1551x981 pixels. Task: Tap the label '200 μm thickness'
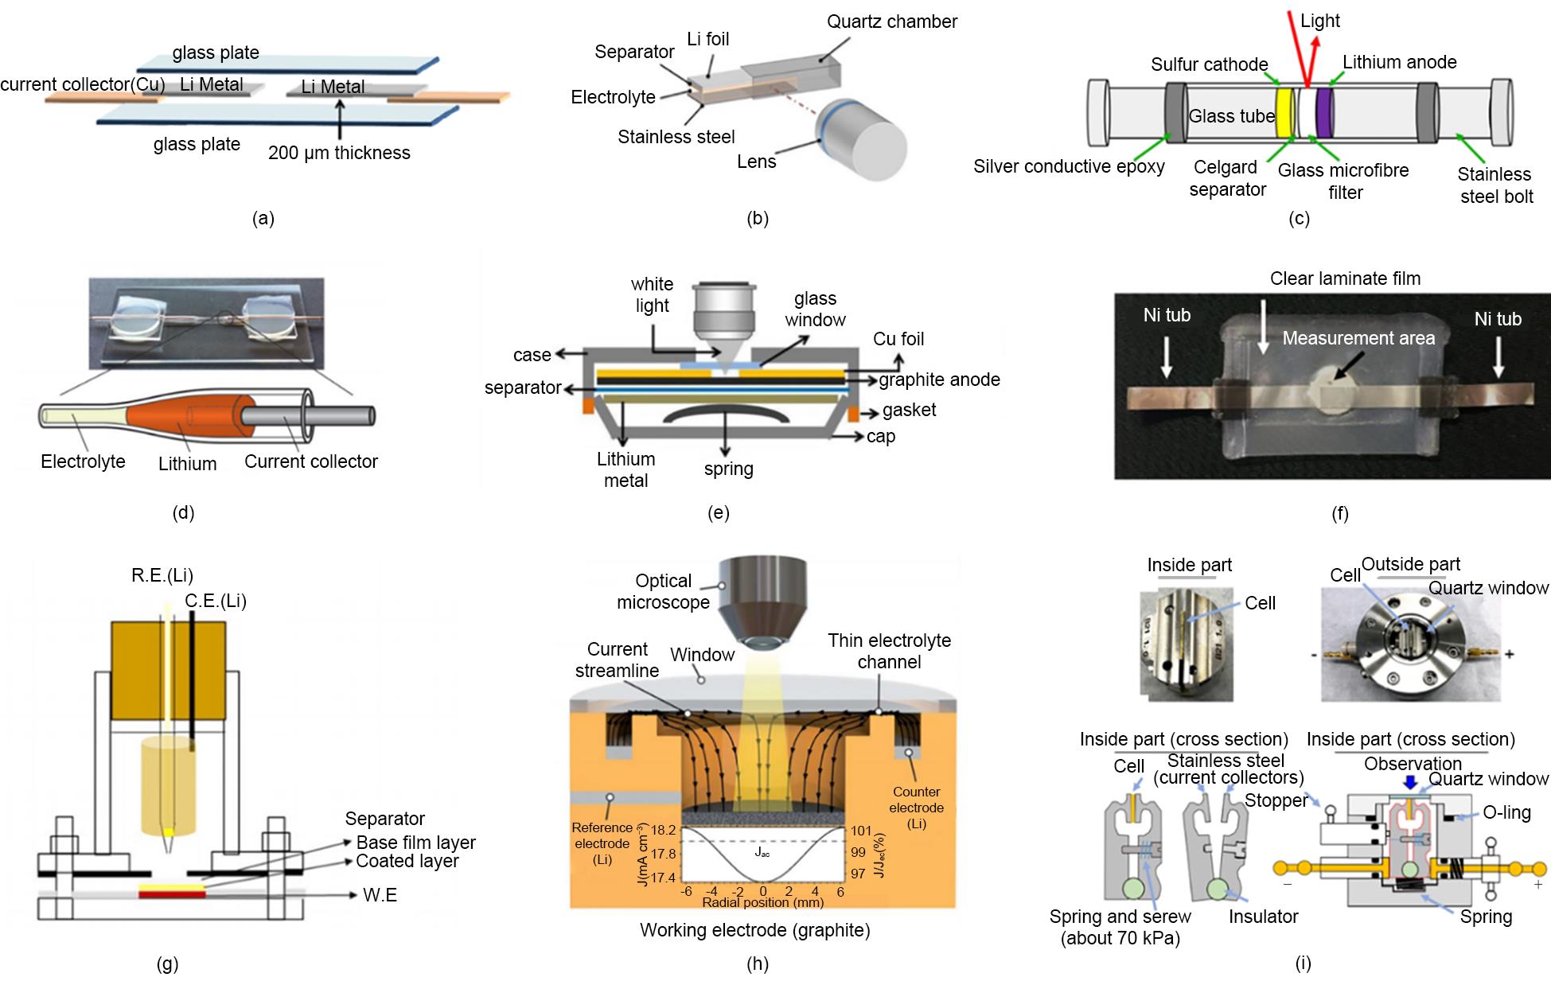[339, 153]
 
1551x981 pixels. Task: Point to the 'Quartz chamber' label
[891, 21]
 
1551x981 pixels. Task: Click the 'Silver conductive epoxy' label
[1068, 166]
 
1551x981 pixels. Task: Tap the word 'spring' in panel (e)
[728, 469]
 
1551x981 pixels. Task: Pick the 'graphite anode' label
[939, 380]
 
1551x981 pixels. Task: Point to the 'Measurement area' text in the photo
[1358, 338]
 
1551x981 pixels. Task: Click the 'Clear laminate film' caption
[1345, 278]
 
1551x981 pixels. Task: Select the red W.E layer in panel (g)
[172, 894]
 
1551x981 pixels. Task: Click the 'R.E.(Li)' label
[162, 575]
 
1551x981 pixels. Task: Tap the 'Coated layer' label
[407, 861]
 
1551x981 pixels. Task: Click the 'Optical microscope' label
[663, 591]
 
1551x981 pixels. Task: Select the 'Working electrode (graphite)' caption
[754, 930]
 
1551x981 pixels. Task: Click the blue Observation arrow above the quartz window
[1410, 782]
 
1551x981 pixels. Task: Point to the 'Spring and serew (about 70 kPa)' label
[1120, 927]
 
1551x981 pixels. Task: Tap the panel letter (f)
[1339, 514]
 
